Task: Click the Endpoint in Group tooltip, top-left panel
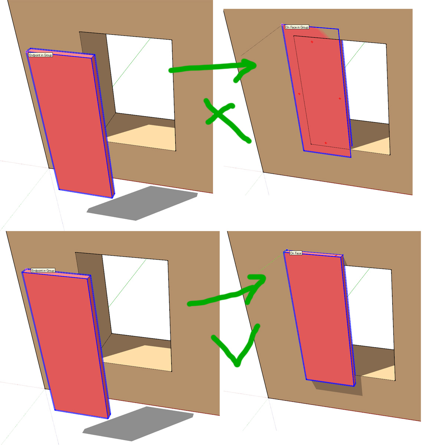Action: point(40,55)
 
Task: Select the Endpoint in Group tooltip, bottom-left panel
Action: point(43,270)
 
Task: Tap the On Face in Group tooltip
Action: point(297,27)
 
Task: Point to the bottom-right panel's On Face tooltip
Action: point(296,253)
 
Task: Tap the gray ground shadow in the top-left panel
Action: point(142,203)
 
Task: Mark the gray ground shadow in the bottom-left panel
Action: point(138,424)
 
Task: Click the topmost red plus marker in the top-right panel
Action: point(312,42)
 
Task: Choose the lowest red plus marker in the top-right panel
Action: point(325,143)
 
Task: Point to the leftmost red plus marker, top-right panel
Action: point(299,94)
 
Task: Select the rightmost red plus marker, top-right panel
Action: point(340,99)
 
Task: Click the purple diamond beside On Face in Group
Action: point(282,24)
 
